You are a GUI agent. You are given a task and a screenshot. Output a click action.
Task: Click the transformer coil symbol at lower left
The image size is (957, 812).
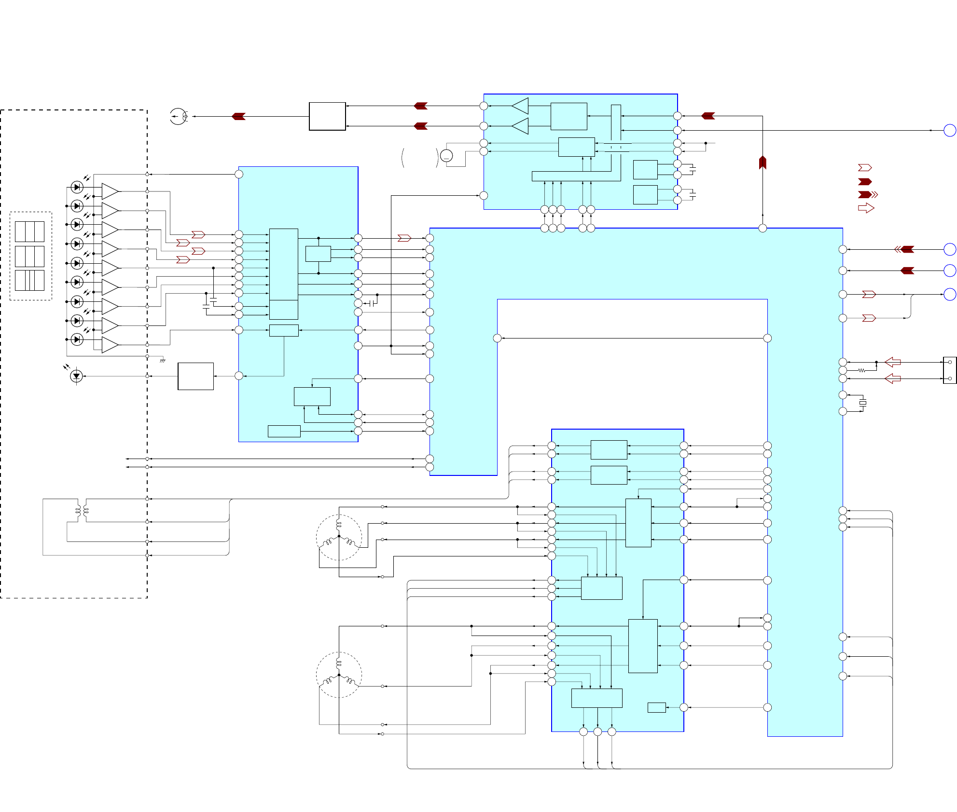pos(82,511)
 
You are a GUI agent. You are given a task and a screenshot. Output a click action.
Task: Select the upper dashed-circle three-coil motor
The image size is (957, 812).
pos(339,537)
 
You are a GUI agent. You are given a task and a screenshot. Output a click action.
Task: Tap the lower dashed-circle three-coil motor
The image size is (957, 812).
pos(339,675)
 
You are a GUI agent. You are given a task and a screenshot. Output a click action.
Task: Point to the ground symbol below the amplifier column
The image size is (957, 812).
pos(163,360)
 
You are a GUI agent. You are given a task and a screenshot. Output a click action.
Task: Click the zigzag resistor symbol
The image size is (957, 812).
pos(861,370)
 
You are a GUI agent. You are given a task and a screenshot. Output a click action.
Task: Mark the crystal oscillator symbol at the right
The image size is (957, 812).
pos(863,403)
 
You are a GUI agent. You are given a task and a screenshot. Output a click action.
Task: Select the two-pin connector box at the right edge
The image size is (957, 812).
pos(949,370)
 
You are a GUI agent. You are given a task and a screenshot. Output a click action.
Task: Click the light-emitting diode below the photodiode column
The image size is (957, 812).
pos(76,376)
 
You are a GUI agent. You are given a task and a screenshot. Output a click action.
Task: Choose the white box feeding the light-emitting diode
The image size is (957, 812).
pos(195,376)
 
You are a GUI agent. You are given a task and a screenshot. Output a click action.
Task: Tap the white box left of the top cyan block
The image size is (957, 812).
pos(327,116)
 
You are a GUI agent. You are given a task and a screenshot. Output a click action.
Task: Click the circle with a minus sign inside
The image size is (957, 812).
pos(446,156)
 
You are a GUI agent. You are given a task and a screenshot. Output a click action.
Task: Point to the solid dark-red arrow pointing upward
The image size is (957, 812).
pos(763,162)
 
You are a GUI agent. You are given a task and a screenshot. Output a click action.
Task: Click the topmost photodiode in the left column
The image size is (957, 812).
pos(77,187)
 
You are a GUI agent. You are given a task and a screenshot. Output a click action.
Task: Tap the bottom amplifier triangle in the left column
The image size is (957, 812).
pos(110,345)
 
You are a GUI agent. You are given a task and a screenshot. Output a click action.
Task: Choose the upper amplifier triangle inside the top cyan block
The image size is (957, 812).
pos(520,106)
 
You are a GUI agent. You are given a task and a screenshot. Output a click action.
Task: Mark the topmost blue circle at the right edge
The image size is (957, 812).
pos(949,130)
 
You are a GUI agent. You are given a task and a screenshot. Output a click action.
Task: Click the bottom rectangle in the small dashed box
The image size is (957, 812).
pos(29,280)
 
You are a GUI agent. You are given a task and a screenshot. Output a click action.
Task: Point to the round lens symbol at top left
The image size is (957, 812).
pos(179,116)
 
